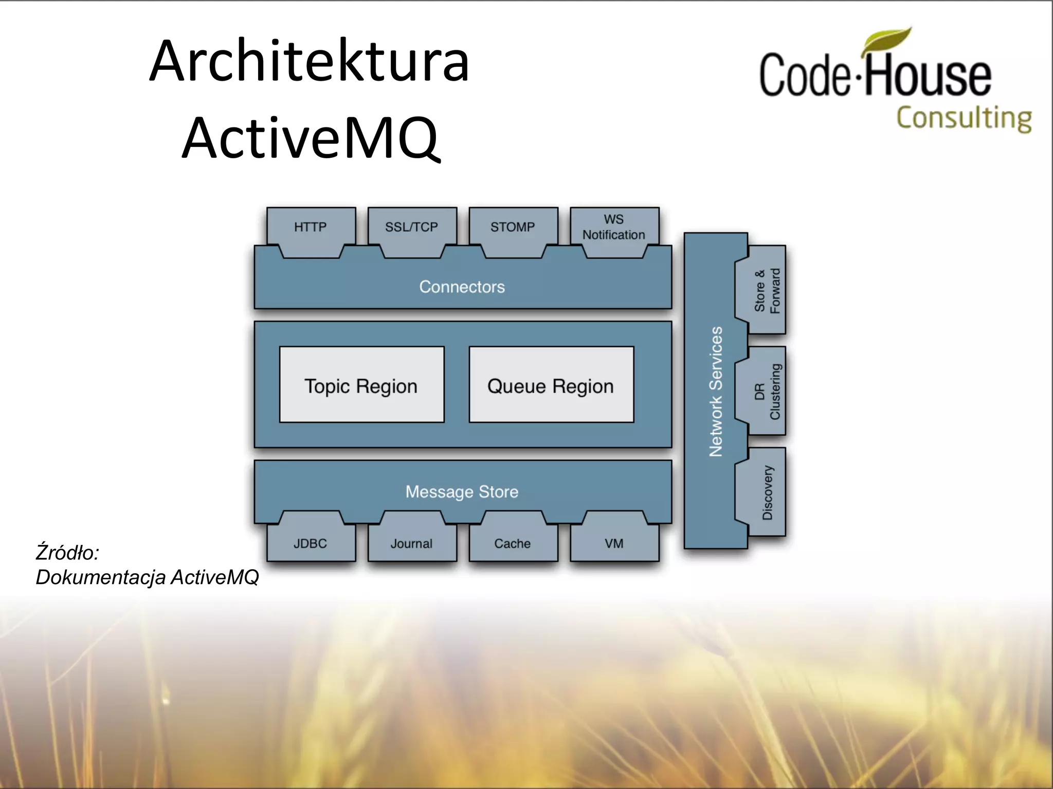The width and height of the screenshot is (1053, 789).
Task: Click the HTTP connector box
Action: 311,227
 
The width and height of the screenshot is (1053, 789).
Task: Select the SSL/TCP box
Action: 412,227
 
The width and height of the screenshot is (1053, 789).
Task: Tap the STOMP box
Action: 513,227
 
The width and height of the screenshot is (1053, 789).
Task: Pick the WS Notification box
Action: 614,227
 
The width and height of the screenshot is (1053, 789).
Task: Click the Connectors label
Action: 462,287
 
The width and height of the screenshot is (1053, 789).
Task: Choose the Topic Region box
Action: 361,385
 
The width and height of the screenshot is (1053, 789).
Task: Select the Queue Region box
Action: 551,385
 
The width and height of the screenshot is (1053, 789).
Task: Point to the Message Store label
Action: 462,492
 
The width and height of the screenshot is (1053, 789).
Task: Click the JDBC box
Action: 311,543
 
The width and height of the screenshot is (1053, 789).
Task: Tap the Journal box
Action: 412,543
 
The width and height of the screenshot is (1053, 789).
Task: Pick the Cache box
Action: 513,543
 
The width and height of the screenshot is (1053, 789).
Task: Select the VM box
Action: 614,543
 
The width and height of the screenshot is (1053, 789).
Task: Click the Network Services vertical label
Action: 715,391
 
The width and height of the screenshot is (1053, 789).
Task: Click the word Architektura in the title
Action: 309,62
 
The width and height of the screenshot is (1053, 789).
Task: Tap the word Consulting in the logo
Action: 964,118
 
